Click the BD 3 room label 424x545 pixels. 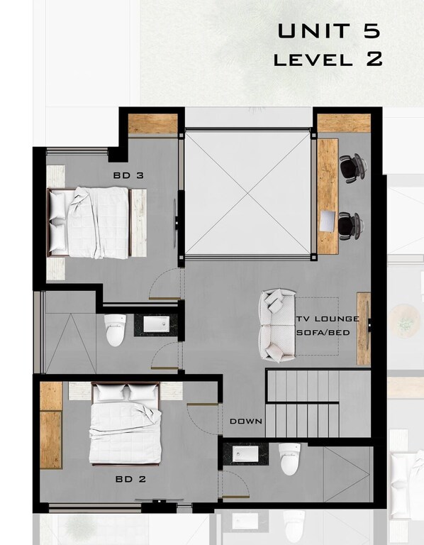[x=128, y=175]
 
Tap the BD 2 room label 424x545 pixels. [x=130, y=479]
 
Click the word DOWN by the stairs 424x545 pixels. [x=246, y=422]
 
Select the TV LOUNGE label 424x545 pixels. [x=328, y=319]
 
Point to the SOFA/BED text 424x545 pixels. [x=323, y=333]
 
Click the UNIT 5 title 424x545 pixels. [x=329, y=31]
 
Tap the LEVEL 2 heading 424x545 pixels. [x=328, y=59]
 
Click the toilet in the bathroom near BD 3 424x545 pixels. [x=115, y=330]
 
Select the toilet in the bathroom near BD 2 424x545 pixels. [x=290, y=459]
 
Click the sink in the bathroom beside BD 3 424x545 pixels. [x=157, y=324]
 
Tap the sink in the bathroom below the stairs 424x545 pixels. [x=245, y=454]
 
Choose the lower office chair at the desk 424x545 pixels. [x=351, y=226]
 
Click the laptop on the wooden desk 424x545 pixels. [x=328, y=221]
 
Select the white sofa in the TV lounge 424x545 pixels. [x=277, y=325]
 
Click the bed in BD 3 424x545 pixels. [x=89, y=223]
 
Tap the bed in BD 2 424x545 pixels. [x=125, y=424]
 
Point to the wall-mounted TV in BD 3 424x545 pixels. [x=176, y=222]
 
